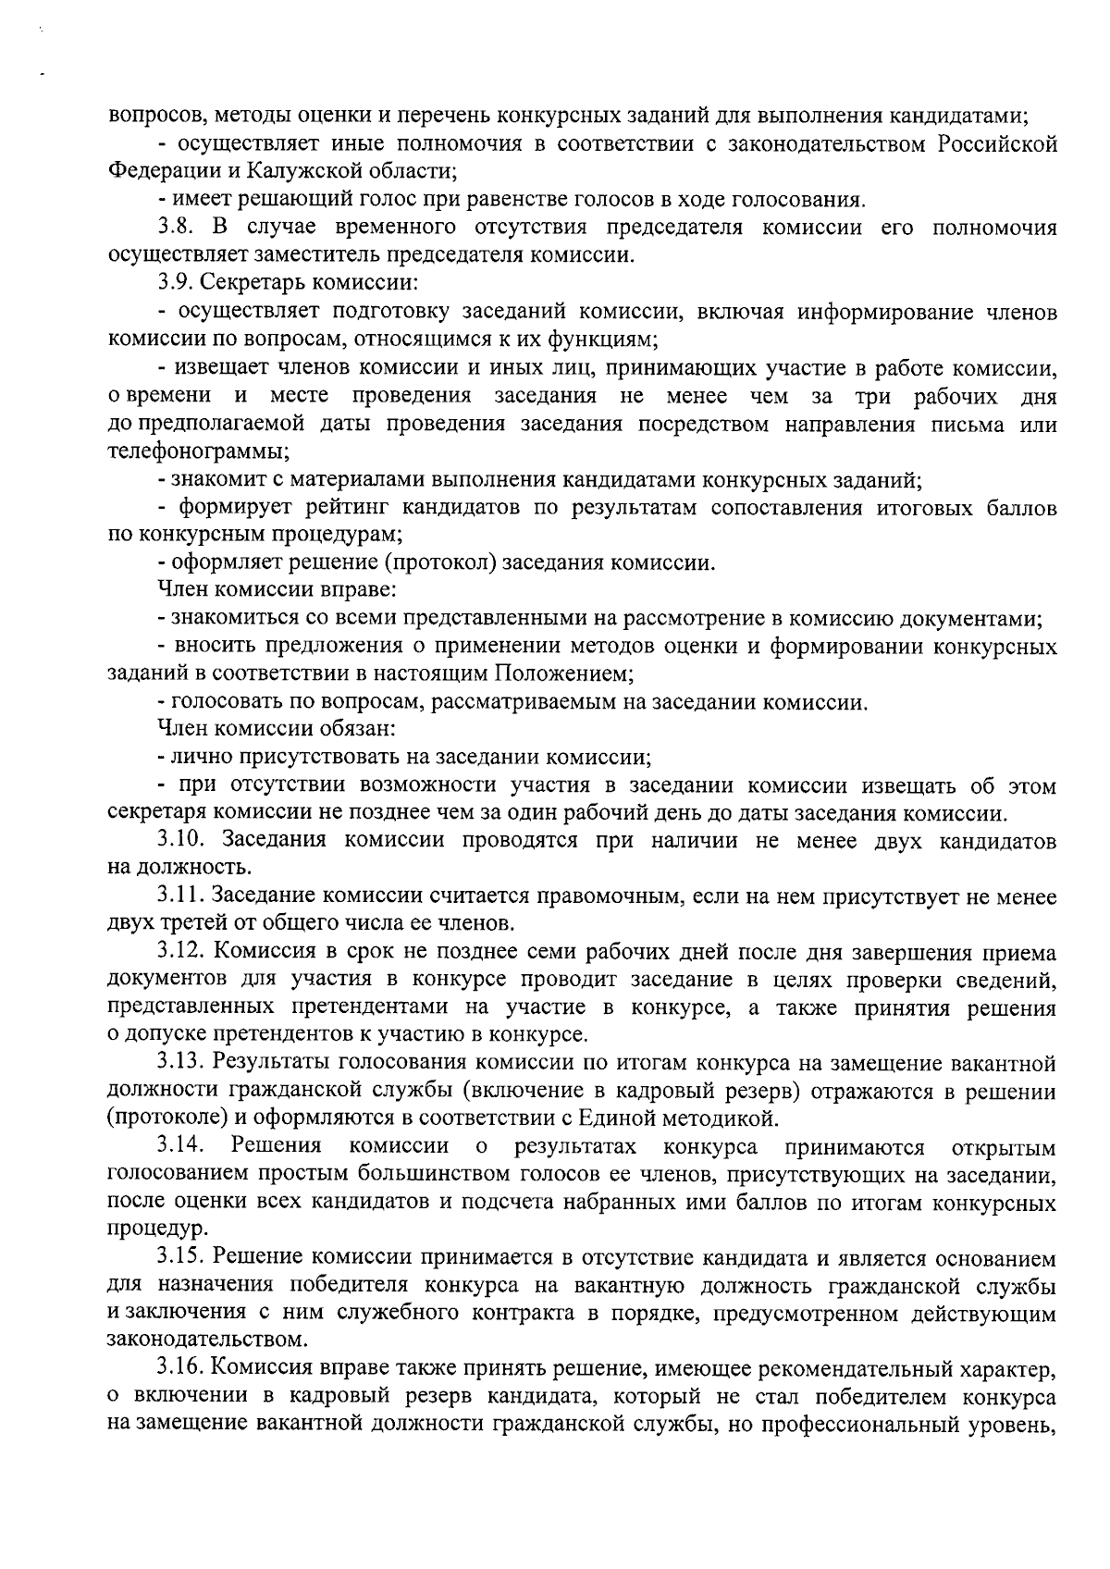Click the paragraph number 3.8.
(176, 228)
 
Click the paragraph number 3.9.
(176, 283)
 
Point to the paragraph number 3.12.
(182, 952)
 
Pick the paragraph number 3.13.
(182, 1064)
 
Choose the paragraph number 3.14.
(180, 1147)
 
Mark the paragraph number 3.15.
(182, 1258)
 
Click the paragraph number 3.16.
(182, 1369)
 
